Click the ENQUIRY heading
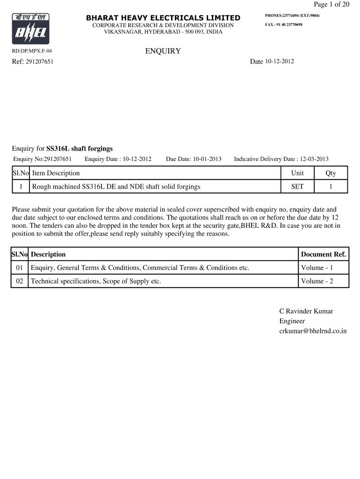click(x=163, y=51)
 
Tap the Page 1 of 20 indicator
click(x=331, y=5)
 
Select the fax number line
click(x=284, y=24)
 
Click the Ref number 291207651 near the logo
click(x=39, y=61)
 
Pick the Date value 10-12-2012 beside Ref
click(x=280, y=61)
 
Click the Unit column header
click(x=297, y=173)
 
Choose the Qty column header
click(x=331, y=173)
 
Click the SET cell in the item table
click(x=297, y=187)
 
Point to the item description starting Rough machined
click(x=116, y=187)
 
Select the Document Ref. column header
click(x=324, y=254)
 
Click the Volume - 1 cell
click(x=317, y=268)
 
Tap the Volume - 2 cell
click(x=317, y=281)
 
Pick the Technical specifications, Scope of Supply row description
click(x=96, y=281)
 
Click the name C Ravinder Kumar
click(x=306, y=311)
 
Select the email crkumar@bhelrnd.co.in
click(x=313, y=331)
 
